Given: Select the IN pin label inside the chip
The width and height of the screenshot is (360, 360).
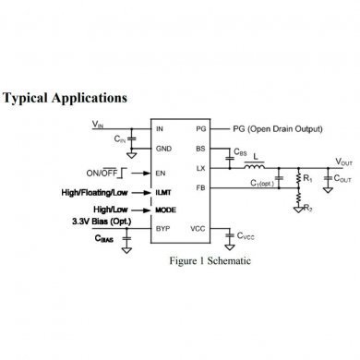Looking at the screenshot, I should [160, 129].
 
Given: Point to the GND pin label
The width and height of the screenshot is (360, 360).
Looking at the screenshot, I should [163, 149].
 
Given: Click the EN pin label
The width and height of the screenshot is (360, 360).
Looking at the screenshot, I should [161, 173].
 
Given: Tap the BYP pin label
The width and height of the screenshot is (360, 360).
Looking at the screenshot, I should [162, 228].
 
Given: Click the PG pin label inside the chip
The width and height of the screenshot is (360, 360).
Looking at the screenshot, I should [200, 129].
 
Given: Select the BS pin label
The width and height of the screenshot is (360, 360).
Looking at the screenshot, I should [200, 149].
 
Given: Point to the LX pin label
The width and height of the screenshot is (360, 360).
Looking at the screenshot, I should [200, 169].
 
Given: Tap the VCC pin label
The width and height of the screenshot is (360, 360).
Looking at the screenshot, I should [198, 228].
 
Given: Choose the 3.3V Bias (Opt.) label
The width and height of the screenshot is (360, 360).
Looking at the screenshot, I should [102, 222].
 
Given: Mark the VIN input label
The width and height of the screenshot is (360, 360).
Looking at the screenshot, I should [99, 123].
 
